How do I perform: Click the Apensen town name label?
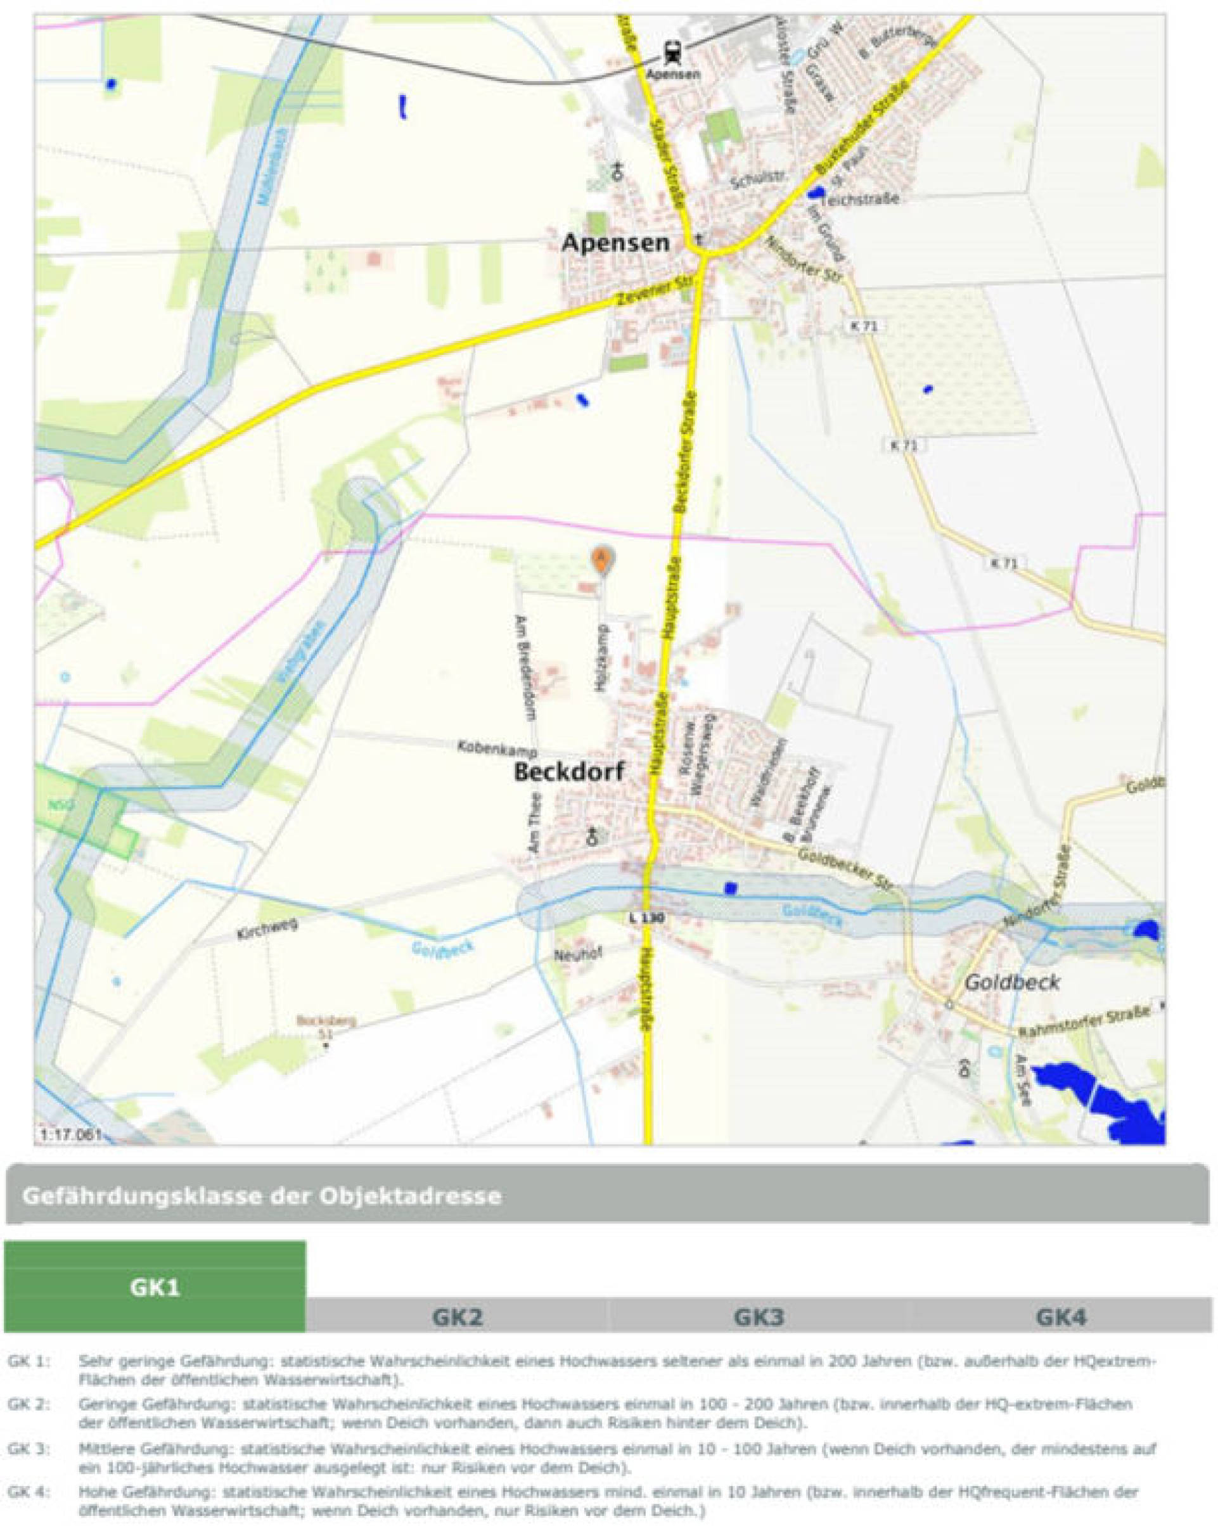coord(615,243)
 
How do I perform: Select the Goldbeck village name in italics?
coord(1013,982)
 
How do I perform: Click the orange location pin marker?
coord(601,558)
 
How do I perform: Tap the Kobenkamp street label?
coord(497,748)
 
